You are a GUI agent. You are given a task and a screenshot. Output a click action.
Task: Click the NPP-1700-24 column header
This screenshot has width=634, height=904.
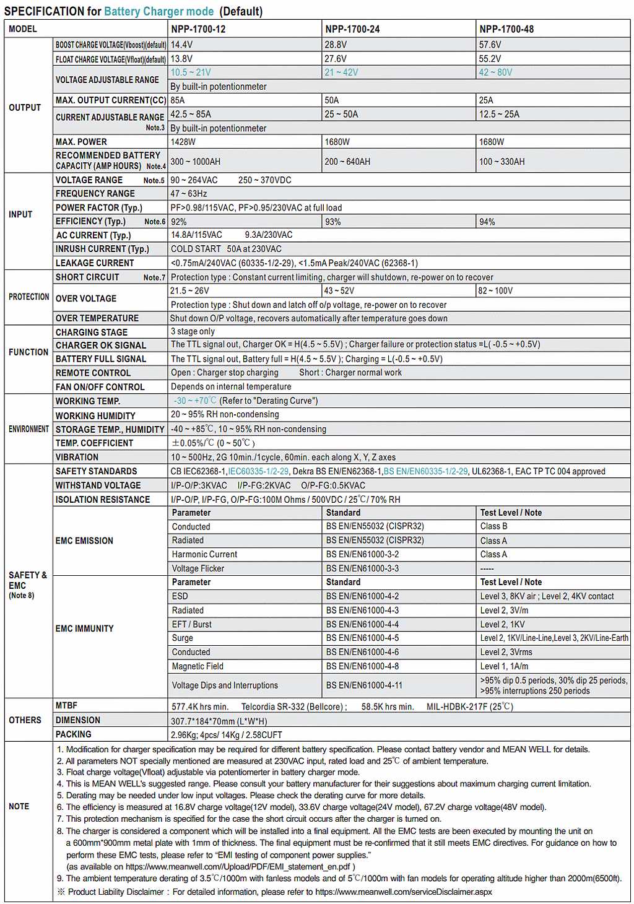[x=352, y=29]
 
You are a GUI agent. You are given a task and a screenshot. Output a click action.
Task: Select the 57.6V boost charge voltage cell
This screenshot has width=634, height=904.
[x=490, y=45]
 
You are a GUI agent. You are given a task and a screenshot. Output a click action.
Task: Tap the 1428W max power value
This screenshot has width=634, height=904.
[x=183, y=142]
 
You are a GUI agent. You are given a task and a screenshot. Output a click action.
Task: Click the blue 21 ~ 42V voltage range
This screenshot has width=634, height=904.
[x=341, y=72]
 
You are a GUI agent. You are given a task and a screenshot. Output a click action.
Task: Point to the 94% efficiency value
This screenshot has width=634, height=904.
[x=487, y=222]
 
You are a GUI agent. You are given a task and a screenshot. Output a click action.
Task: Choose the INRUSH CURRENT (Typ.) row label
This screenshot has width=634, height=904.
[x=102, y=249]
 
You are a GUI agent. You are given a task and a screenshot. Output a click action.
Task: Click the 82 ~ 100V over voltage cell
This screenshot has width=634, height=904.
[x=495, y=290]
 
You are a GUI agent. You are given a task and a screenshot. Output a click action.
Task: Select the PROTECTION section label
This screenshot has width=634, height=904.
[x=28, y=297]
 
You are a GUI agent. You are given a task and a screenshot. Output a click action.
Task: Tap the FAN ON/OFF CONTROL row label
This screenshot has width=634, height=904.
[x=100, y=387]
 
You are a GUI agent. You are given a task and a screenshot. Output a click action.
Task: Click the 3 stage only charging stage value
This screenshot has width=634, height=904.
[x=193, y=331]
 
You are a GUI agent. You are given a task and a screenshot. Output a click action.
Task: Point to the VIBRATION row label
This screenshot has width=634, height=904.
[x=77, y=457]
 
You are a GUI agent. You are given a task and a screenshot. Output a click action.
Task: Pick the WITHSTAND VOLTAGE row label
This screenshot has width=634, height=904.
[x=98, y=485]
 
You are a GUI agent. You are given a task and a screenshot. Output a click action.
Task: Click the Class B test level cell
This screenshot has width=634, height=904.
[x=493, y=526]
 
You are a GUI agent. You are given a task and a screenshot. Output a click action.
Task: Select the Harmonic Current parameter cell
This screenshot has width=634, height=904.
[x=204, y=554]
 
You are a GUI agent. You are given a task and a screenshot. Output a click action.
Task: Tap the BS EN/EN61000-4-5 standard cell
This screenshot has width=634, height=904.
[x=362, y=638]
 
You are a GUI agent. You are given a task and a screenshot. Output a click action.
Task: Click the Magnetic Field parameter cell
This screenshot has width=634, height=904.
[x=198, y=666]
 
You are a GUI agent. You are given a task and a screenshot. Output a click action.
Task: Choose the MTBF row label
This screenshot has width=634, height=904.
[x=66, y=705]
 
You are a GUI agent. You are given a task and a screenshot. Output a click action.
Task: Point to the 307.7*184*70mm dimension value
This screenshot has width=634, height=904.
[x=219, y=721]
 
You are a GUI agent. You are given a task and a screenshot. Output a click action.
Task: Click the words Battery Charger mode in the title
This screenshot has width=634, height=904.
[x=158, y=11]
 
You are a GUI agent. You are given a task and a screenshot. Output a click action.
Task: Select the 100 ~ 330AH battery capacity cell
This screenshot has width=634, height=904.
[x=502, y=162]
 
